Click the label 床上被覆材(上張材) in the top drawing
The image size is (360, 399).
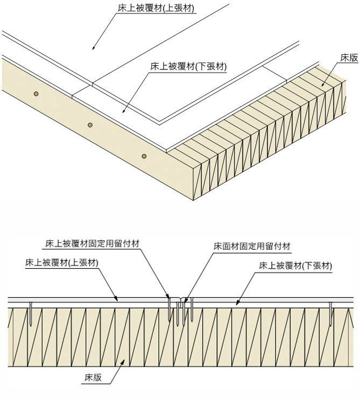(x=156, y=8)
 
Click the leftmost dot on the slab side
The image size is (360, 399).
(x=36, y=94)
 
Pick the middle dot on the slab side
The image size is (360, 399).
(x=90, y=125)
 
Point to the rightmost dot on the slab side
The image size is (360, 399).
(x=144, y=156)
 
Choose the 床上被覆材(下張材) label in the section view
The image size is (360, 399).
(x=295, y=265)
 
